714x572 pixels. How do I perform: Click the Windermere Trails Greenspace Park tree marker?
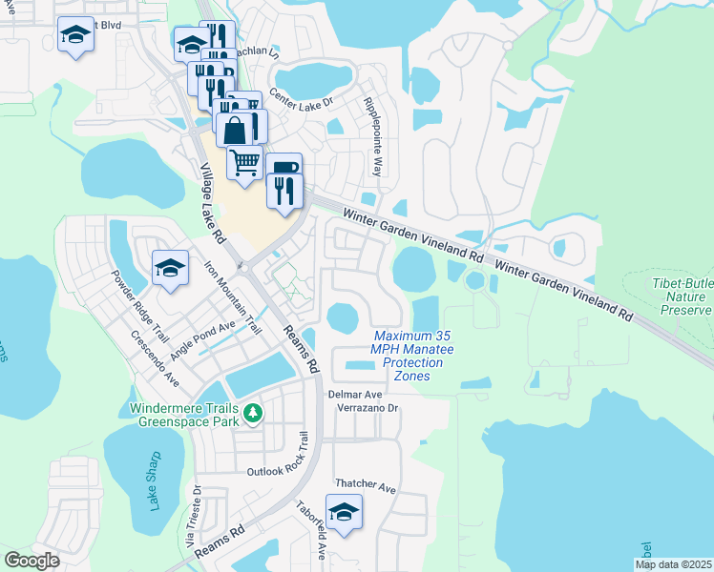click(x=252, y=413)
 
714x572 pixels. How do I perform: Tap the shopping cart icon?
click(x=244, y=162)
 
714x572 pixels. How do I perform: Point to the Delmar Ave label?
click(x=355, y=393)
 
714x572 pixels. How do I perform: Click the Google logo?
click(x=31, y=561)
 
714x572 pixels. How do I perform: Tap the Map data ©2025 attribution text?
click(x=672, y=564)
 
